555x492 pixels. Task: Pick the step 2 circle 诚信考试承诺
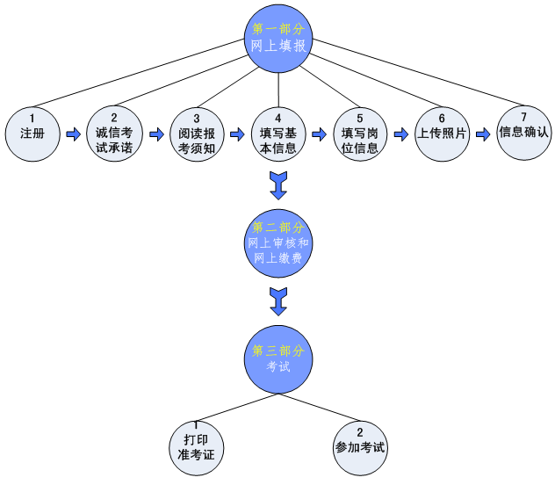pyautogui.click(x=114, y=134)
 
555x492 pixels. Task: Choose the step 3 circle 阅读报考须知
pyautogui.click(x=197, y=134)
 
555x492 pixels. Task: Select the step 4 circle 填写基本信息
pyautogui.click(x=278, y=134)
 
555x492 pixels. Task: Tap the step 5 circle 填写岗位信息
pyautogui.click(x=360, y=134)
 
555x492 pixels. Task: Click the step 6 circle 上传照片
pyautogui.click(x=441, y=134)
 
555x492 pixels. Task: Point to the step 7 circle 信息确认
pyautogui.click(x=523, y=133)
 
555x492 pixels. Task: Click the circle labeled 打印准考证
pyautogui.click(x=196, y=445)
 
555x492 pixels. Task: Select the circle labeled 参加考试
pyautogui.click(x=360, y=445)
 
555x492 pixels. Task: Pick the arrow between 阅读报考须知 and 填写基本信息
pyautogui.click(x=237, y=135)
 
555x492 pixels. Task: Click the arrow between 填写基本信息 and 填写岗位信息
pyautogui.click(x=320, y=135)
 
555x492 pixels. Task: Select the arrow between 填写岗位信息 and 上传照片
pyautogui.click(x=400, y=134)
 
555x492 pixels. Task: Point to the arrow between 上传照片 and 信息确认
pyautogui.click(x=482, y=134)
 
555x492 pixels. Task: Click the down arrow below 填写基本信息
pyautogui.click(x=278, y=184)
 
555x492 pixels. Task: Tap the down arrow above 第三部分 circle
pyautogui.click(x=278, y=300)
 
